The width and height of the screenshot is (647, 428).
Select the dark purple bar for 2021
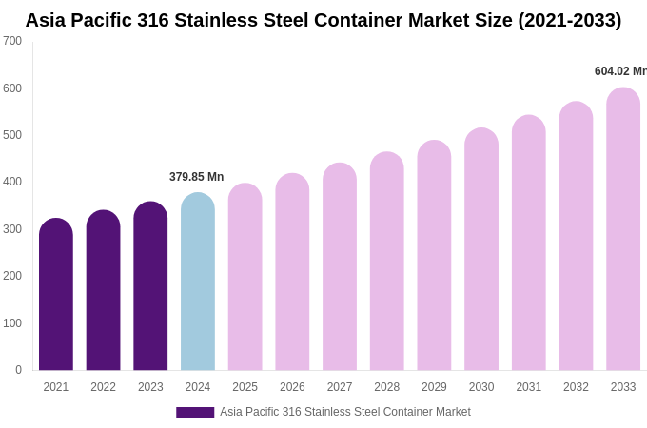pos(56,295)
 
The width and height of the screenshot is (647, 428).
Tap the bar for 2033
pos(623,229)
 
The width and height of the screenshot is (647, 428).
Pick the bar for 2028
pos(387,262)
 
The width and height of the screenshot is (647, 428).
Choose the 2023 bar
pos(150,286)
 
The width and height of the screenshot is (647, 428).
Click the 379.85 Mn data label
pos(197,177)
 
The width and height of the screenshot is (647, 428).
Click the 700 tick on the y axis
pos(12,41)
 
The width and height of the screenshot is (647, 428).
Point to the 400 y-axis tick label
pos(12,182)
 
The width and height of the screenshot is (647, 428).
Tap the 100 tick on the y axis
pos(12,323)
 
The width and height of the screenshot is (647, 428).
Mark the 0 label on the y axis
pos(18,370)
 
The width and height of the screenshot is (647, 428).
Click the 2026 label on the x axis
pos(292,387)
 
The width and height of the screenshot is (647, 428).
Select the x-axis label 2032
pos(576,387)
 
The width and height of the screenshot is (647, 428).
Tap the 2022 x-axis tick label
pos(103,387)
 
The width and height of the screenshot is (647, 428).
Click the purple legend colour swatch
pos(195,413)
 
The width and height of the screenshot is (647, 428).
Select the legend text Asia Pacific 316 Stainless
pos(285,412)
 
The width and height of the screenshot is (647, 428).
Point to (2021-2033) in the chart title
pos(569,20)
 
